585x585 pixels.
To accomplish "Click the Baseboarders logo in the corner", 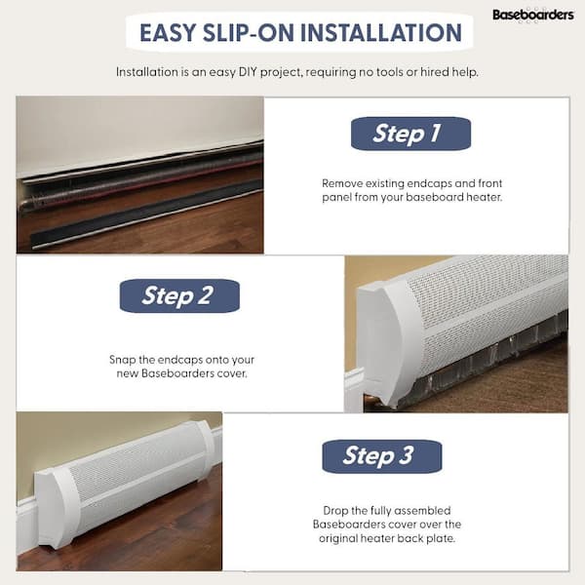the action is pyautogui.click(x=532, y=15).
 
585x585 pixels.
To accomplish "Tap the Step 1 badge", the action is pyautogui.click(x=410, y=134).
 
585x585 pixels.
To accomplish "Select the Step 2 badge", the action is pyautogui.click(x=179, y=295).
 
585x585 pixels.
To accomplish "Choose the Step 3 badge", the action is pyautogui.click(x=382, y=456).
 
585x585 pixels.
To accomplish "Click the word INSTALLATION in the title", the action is pyautogui.click(x=381, y=33).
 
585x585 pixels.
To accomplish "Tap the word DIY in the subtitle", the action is pyautogui.click(x=248, y=71).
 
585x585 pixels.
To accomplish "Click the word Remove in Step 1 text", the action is pyautogui.click(x=342, y=183).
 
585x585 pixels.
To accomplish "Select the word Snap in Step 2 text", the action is pyautogui.click(x=123, y=361).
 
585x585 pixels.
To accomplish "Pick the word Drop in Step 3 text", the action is pyautogui.click(x=335, y=511).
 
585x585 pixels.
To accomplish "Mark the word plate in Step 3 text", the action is pyautogui.click(x=443, y=539).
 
